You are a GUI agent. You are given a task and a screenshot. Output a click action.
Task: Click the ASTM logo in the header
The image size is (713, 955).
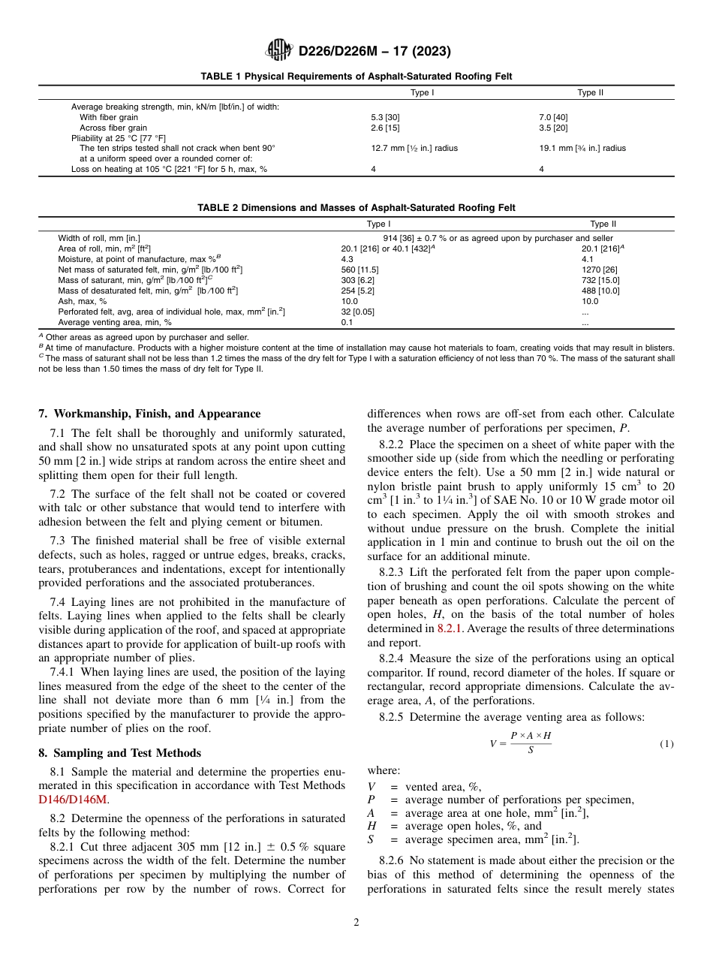tap(280, 51)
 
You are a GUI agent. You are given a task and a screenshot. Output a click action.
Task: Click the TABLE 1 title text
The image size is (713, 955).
tap(356, 77)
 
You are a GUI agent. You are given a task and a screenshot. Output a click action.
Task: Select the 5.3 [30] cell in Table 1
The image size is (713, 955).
tap(385, 118)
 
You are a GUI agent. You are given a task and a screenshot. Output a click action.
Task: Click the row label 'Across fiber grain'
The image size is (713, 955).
tap(113, 128)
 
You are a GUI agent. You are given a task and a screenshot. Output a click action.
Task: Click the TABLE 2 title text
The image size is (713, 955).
tap(356, 208)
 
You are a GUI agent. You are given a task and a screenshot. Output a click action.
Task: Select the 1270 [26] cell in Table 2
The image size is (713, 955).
tap(598, 269)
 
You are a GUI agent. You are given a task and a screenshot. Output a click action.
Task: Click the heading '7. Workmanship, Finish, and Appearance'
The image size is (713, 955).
tap(149, 414)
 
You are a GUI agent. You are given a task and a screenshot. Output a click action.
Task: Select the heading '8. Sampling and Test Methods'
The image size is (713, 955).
tap(119, 753)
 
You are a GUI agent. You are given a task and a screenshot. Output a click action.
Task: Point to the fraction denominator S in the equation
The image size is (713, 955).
tap(531, 750)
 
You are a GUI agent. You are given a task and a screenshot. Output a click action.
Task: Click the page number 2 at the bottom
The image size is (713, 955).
tap(356, 923)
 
